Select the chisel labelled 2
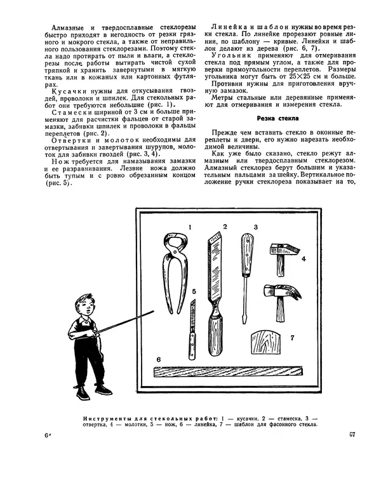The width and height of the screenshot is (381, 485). (217, 292)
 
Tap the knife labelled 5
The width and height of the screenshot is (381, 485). (190, 336)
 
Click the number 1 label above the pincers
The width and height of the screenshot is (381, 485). (189, 227)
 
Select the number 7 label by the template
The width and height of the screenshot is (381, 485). (291, 337)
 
